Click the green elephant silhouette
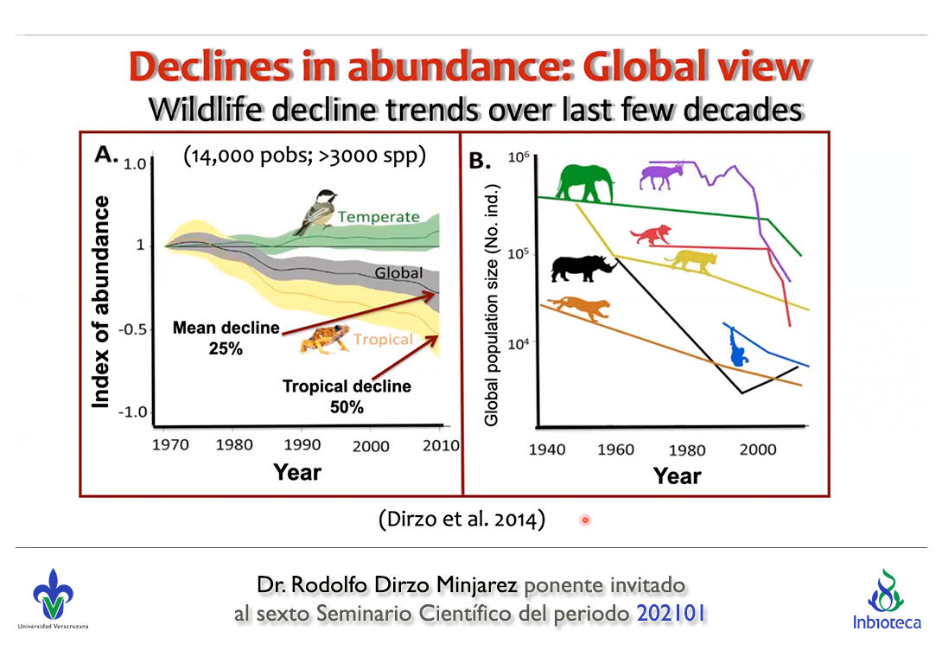(x=585, y=182)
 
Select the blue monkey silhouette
(x=736, y=346)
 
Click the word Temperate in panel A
(x=379, y=217)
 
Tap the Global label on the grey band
(x=398, y=273)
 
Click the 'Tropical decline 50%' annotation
(x=347, y=396)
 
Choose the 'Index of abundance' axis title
(x=102, y=301)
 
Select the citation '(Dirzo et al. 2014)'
(x=461, y=520)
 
